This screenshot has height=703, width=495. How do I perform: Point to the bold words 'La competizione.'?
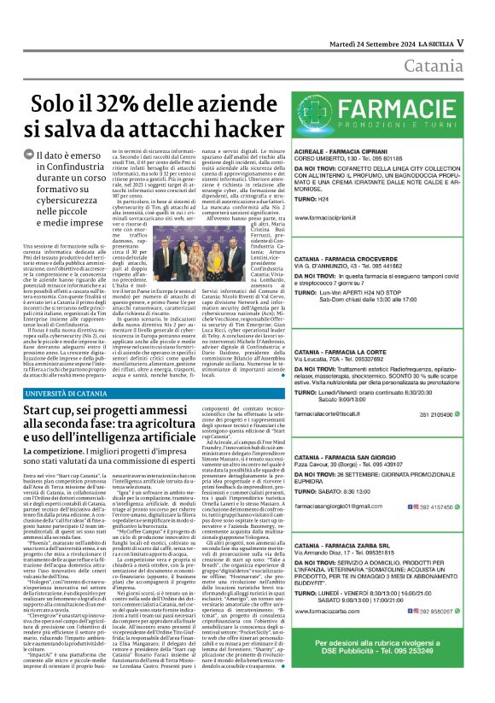[x=55, y=450]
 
